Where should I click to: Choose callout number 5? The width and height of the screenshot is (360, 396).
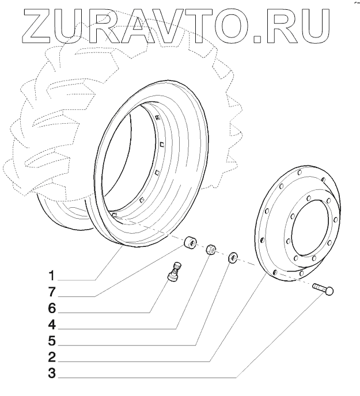(52, 340)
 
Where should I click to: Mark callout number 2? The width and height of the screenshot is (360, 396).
(52, 356)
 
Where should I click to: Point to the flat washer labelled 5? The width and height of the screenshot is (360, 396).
(233, 257)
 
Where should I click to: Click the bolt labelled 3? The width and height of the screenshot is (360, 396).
(324, 288)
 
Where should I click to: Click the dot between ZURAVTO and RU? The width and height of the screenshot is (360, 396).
(257, 39)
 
